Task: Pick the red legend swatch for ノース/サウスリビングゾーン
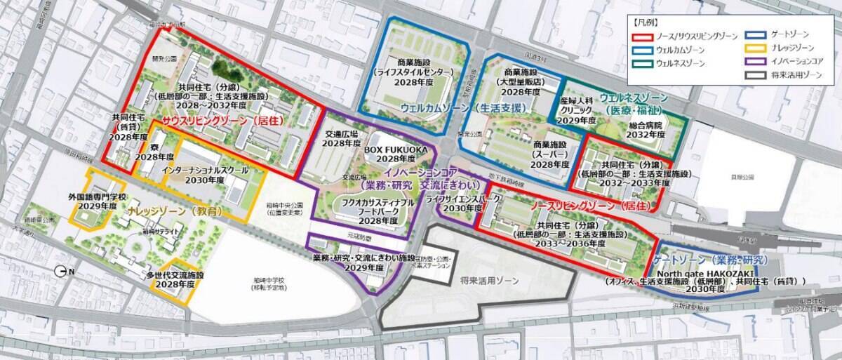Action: (x=641, y=36)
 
